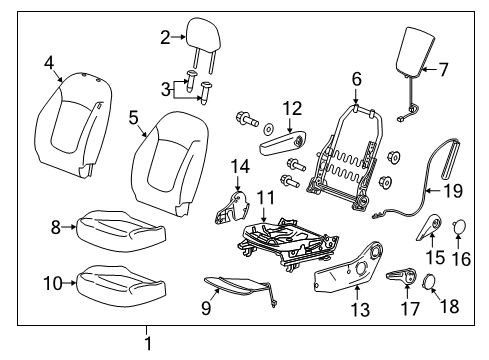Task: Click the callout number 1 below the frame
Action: [x=148, y=345]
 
